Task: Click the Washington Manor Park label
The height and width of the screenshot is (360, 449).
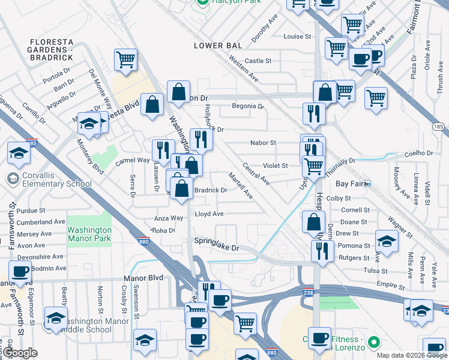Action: (x=89, y=234)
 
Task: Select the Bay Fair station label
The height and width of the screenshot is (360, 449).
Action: (x=352, y=183)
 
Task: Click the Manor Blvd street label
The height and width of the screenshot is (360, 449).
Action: (x=143, y=278)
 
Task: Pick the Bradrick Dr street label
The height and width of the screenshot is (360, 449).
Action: (x=210, y=190)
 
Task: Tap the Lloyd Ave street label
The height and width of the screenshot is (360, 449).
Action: (x=209, y=214)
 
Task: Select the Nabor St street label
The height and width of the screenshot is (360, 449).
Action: (x=263, y=143)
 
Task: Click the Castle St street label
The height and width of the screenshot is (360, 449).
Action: (x=258, y=61)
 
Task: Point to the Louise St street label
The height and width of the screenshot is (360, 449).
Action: (x=297, y=37)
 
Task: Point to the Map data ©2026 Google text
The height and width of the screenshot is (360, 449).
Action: (x=411, y=355)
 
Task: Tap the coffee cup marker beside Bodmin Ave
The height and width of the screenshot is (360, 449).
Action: (x=20, y=271)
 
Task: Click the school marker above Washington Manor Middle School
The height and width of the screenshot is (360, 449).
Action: (x=56, y=317)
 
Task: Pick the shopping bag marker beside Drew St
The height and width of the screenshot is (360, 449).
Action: (x=314, y=221)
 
